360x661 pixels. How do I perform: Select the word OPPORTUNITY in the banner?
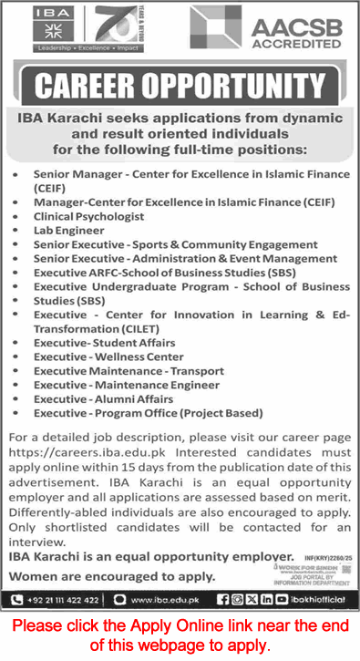pos(243,88)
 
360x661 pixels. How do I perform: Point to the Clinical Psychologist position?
pos(89,216)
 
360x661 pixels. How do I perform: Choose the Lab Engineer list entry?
pos(68,231)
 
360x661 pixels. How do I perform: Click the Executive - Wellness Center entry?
pos(108,356)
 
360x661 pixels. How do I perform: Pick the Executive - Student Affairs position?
pos(105,343)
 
